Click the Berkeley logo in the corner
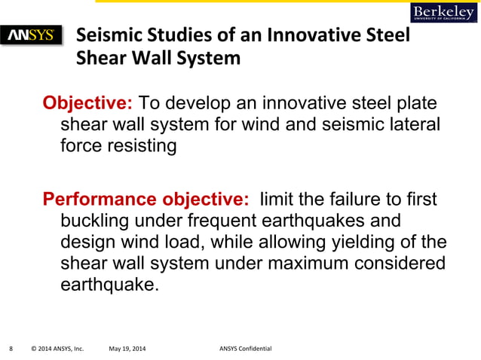pos(444,12)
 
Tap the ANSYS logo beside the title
pos(35,35)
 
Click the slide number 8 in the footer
pos(11,349)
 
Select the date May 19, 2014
pos(128,349)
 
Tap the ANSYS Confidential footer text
pos(245,349)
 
